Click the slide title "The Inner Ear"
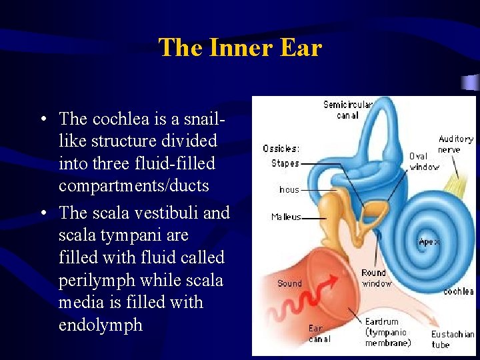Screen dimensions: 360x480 pos(240,48)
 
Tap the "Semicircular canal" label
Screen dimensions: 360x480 pos(347,110)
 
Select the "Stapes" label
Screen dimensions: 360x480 pos(285,163)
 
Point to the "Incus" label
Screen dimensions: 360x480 pos(289,190)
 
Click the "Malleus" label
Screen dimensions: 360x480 pos(287,217)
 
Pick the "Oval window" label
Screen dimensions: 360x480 pos(424,161)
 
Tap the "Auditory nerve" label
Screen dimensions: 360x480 pos(455,144)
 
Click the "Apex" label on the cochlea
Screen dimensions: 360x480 pos(429,242)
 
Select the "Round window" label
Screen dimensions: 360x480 pos(376,278)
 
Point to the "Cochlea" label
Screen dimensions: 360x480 pos(458,291)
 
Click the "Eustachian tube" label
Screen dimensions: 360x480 pos(452,339)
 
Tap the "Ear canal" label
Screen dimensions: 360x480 pos(319,333)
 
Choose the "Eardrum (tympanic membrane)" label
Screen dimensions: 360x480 pos(387,332)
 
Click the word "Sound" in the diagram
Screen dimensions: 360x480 pos(289,283)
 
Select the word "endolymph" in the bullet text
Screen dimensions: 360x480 pos(101,325)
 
